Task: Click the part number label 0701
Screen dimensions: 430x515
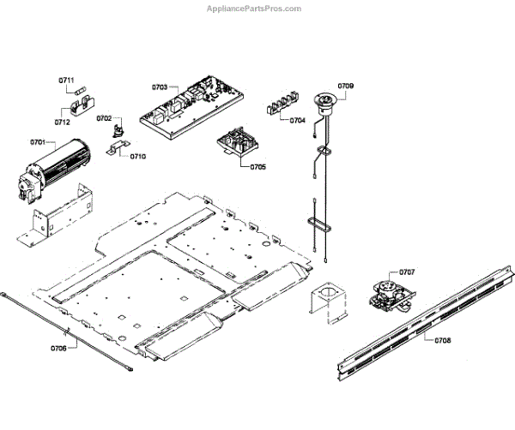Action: [x=37, y=141]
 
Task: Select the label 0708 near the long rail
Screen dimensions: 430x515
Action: [x=443, y=340]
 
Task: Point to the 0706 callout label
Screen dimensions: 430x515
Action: [x=58, y=348]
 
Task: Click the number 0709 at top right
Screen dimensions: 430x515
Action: [x=345, y=86]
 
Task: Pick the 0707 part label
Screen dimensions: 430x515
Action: [x=407, y=272]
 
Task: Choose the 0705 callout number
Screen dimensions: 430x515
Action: [x=257, y=166]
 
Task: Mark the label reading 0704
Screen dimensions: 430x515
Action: [x=297, y=121]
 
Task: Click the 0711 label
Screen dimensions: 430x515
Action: [x=67, y=80]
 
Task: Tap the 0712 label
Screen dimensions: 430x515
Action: [x=62, y=122]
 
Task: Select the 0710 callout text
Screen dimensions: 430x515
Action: [x=138, y=157]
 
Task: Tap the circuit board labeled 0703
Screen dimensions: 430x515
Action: [x=191, y=107]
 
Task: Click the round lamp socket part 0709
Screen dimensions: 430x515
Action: [x=326, y=103]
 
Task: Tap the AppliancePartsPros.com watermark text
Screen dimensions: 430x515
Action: [x=255, y=8]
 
